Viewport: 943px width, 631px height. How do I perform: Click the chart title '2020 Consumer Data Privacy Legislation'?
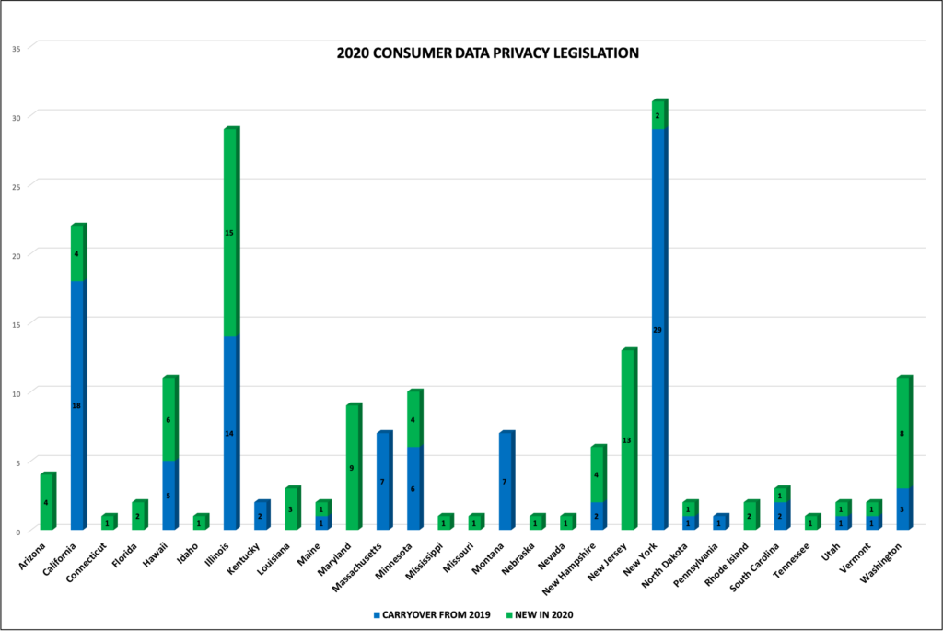pos(488,53)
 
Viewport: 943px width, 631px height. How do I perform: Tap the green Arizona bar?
pos(46,502)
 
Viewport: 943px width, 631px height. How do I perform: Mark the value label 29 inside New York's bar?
pos(658,330)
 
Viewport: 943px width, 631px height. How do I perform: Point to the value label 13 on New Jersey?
pos(627,440)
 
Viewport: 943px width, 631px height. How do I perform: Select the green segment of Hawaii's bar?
pos(169,419)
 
